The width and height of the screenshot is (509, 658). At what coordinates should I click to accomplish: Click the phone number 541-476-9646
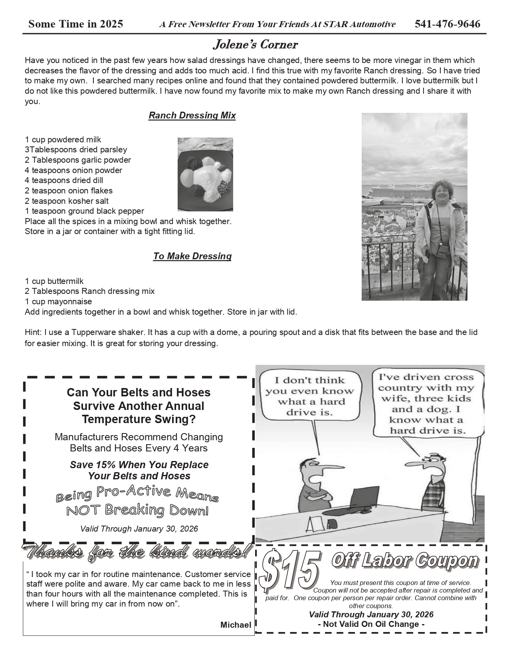coord(448,24)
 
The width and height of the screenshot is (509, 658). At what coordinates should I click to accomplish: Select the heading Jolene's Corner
coord(255,45)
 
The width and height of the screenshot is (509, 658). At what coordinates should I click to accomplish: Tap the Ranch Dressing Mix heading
coord(192,116)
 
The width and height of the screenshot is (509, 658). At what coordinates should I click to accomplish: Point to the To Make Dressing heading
coord(192,256)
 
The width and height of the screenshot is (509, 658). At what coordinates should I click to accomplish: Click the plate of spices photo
coord(205,174)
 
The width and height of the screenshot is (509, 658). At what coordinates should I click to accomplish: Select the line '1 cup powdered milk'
coord(63,140)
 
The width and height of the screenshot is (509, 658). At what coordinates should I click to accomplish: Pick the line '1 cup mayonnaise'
coord(58,301)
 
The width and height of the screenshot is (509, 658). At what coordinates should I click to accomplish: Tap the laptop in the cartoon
coord(363,498)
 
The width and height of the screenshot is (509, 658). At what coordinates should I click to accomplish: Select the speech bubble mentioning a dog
coord(426,404)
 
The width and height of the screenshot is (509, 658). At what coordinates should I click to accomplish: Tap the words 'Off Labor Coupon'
coord(404,561)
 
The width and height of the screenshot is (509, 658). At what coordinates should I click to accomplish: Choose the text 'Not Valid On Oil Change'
coord(371,624)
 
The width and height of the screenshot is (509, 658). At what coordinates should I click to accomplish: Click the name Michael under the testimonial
coord(236,625)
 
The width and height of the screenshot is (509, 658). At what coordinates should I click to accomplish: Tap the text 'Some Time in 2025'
coord(75,24)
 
